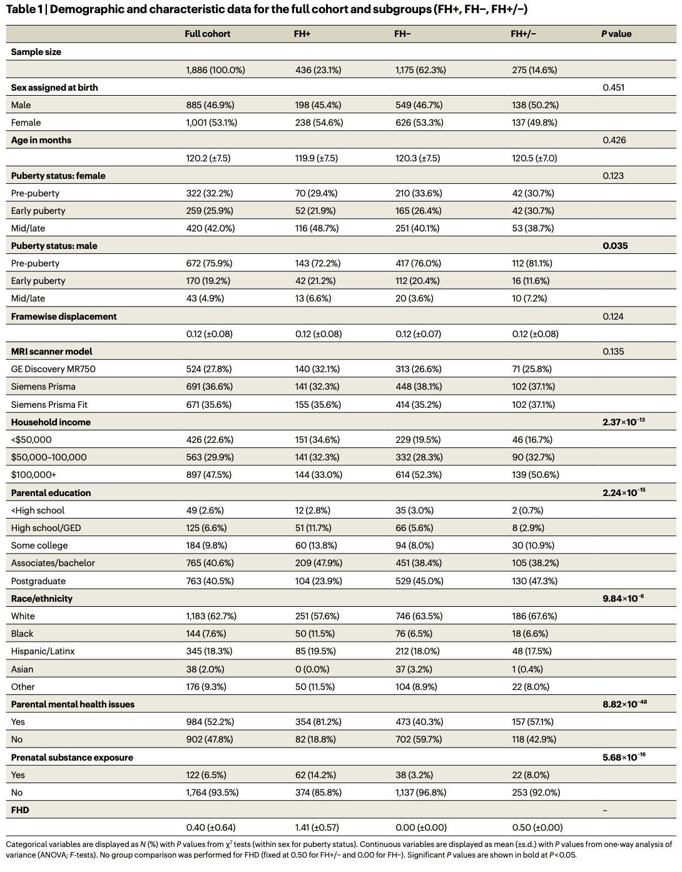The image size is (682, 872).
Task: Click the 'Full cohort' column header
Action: click(x=207, y=34)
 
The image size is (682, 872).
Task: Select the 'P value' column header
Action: click(x=616, y=34)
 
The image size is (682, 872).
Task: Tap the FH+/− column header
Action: click(x=523, y=34)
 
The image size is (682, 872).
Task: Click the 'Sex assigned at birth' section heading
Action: click(x=54, y=88)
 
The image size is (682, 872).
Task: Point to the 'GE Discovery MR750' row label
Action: click(x=53, y=369)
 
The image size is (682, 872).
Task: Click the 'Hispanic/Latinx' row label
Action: click(x=43, y=651)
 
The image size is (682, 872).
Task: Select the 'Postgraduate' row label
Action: click(x=38, y=581)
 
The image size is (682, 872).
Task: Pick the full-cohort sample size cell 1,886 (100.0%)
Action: click(x=215, y=70)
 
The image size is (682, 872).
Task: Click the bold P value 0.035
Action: click(x=615, y=246)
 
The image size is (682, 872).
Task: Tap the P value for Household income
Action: click(x=623, y=422)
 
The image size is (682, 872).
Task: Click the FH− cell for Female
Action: click(x=419, y=123)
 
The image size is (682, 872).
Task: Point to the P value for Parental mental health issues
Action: click(x=624, y=704)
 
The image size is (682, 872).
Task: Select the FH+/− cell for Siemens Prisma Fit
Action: click(x=533, y=405)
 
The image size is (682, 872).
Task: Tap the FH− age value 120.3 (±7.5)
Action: click(x=417, y=158)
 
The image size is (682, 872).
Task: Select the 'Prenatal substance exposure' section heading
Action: click(x=72, y=758)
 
